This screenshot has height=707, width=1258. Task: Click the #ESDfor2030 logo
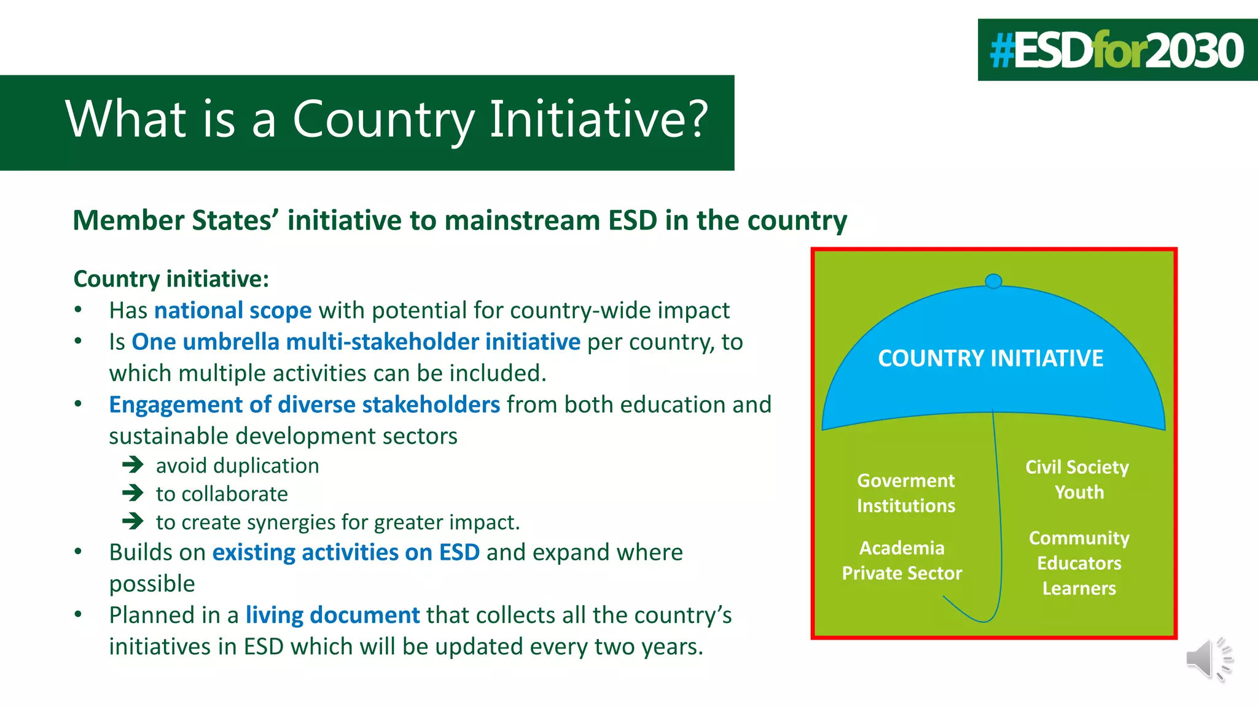1117,50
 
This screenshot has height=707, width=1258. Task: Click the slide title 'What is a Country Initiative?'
387,119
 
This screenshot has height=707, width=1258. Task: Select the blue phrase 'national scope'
233,311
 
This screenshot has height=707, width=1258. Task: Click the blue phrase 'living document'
332,615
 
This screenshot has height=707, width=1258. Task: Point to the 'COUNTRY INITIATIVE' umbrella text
990,358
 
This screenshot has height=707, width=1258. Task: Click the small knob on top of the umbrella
993,281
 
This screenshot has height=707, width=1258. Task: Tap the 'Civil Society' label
1077,467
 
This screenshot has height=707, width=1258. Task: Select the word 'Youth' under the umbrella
1079,492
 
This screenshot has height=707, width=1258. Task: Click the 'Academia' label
902,547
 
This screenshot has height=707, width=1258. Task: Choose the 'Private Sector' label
902,573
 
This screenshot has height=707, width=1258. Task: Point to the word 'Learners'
1079,589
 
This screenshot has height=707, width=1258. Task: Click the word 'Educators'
1079,563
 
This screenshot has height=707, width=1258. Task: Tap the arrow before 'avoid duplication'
133,465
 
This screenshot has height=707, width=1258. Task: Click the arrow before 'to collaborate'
133,493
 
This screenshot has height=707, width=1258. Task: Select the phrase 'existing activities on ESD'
346,552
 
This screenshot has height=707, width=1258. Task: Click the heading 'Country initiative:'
171,279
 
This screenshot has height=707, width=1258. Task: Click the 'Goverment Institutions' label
906,493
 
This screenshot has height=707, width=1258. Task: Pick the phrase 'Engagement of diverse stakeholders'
304,405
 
